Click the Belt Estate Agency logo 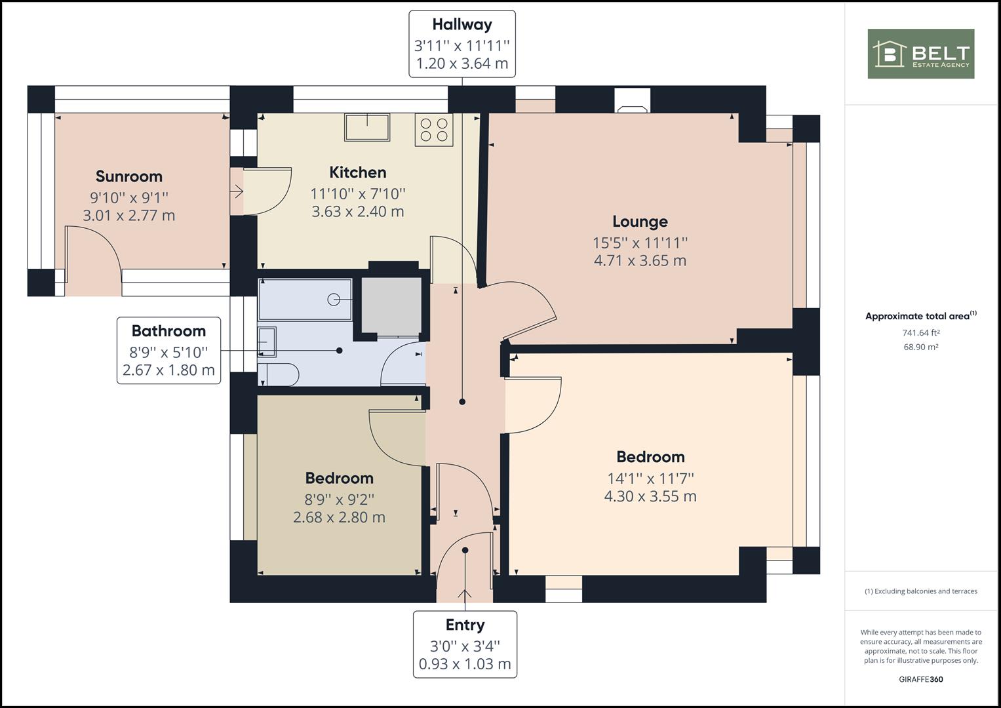[920, 54]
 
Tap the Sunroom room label [129, 176]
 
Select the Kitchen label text [358, 172]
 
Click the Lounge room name [640, 222]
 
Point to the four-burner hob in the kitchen [434, 130]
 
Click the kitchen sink [367, 127]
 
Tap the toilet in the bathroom [278, 374]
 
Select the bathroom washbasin [267, 342]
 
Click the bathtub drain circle [334, 300]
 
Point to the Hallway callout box [462, 44]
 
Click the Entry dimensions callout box [465, 644]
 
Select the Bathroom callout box [169, 351]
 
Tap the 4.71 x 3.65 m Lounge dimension [640, 261]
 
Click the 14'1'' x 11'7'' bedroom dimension [651, 479]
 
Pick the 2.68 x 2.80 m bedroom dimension [339, 517]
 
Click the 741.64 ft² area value [921, 332]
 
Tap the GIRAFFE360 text [921, 679]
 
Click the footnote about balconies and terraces [921, 591]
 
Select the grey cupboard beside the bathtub [391, 305]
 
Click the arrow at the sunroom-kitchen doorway [237, 191]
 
